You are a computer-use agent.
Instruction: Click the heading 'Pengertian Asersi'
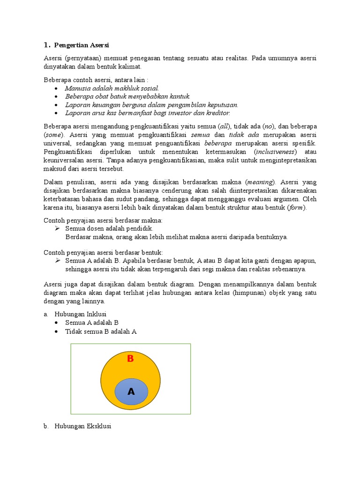(82, 45)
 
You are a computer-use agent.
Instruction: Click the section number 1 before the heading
(46, 45)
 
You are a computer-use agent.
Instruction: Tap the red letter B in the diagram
(131, 359)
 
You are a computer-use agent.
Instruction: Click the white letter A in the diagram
(131, 392)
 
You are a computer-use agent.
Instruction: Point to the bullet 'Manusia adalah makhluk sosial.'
(112, 88)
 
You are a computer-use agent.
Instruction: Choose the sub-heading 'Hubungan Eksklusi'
(82, 427)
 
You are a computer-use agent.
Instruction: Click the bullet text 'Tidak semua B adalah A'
(101, 331)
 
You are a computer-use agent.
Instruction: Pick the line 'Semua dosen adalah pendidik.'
(109, 228)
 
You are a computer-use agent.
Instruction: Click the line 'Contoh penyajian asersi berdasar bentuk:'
(103, 252)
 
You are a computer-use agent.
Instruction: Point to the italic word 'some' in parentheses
(54, 135)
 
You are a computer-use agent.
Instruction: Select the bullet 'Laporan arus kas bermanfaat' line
(148, 113)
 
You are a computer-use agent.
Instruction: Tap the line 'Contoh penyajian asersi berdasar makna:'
(103, 220)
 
